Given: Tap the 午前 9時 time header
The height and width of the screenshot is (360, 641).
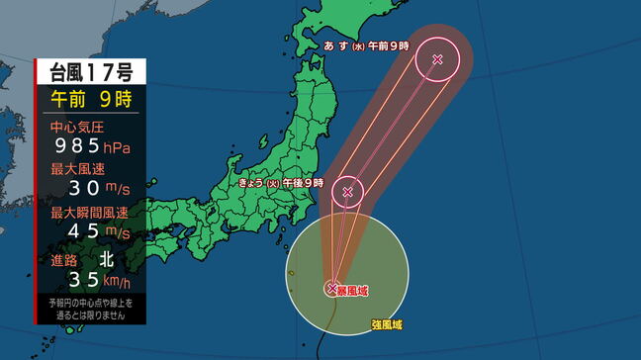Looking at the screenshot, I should click(91, 99).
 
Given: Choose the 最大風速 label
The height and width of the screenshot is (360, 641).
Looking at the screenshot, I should click(71, 169).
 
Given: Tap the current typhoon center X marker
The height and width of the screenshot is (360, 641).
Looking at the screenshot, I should click(332, 288).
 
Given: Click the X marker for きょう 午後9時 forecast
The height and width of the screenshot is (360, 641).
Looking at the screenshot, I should click(347, 192).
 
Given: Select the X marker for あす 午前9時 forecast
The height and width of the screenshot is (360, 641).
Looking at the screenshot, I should click(437, 60).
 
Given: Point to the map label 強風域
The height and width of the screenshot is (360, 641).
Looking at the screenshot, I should click(386, 324).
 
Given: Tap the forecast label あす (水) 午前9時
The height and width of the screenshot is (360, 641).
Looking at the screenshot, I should click(367, 46).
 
